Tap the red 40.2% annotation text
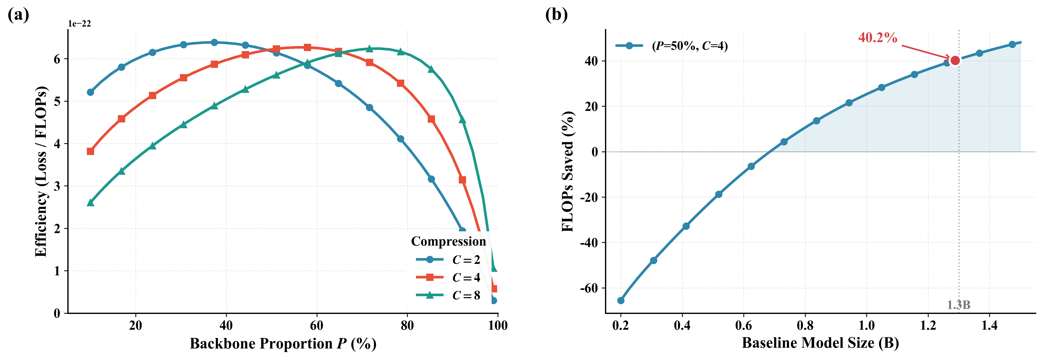(x=877, y=38)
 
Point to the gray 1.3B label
(x=958, y=305)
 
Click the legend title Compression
(x=448, y=241)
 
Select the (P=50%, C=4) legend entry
(x=671, y=46)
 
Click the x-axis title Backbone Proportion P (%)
(x=283, y=343)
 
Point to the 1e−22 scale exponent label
(x=79, y=24)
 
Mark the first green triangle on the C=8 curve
(x=91, y=203)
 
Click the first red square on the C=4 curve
(x=91, y=151)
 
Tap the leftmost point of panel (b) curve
(x=621, y=300)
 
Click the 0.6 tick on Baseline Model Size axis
(x=743, y=325)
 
